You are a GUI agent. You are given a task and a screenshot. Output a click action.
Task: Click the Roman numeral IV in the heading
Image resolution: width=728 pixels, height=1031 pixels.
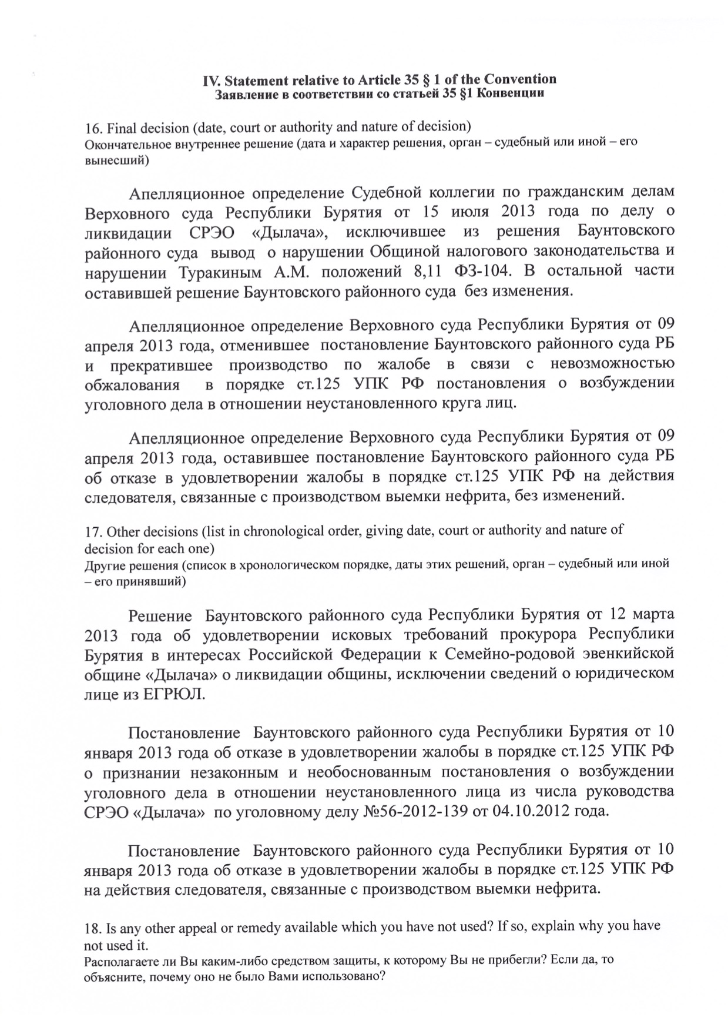click(210, 79)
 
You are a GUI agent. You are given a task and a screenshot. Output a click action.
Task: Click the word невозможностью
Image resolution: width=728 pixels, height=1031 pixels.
click(612, 364)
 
